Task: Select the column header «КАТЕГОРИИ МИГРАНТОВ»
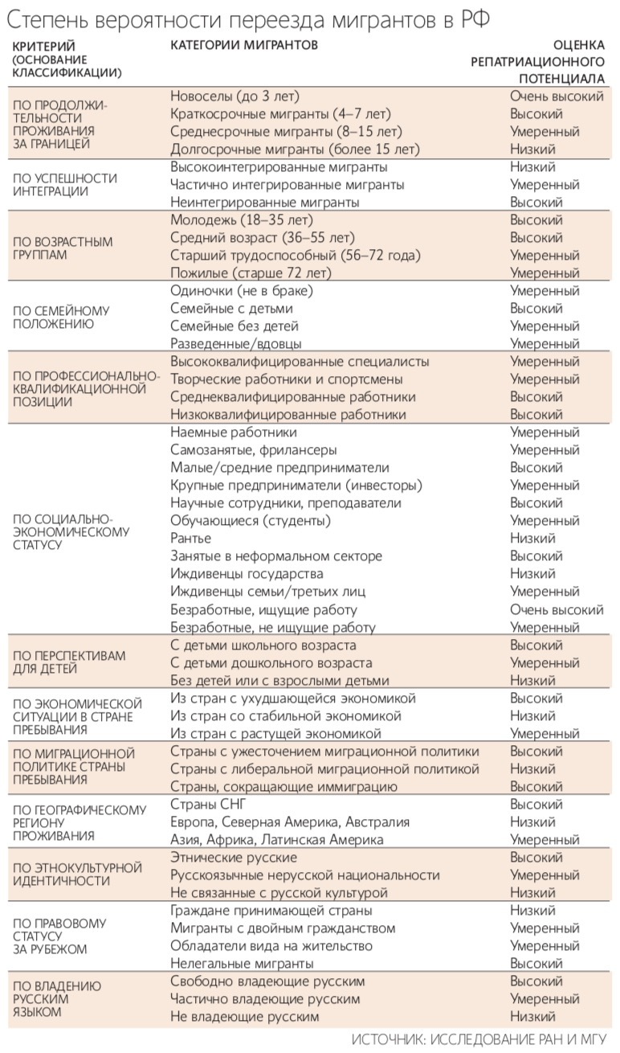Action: click(x=243, y=45)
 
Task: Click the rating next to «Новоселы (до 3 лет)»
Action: click(x=557, y=96)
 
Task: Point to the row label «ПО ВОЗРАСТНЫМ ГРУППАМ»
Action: click(x=63, y=248)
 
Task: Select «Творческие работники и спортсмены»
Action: click(x=286, y=379)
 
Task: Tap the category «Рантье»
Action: click(x=191, y=539)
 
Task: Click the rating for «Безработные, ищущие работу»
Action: click(x=557, y=609)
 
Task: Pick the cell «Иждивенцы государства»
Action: click(x=247, y=574)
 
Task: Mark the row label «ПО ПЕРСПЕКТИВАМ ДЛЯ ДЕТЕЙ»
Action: click(x=69, y=662)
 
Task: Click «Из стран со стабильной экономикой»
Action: click(x=285, y=715)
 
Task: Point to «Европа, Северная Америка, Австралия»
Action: click(x=290, y=822)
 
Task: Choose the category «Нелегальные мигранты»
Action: click(x=242, y=963)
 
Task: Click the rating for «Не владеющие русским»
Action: click(x=532, y=1016)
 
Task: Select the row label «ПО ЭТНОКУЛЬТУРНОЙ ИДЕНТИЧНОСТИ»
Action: click(x=77, y=875)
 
